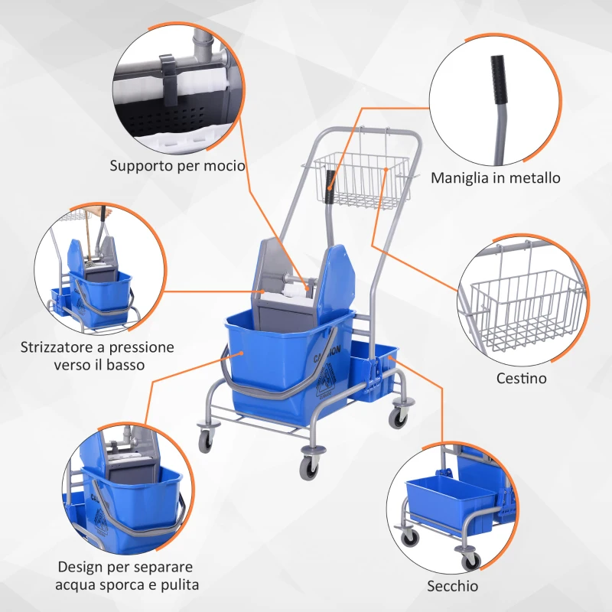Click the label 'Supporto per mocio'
[x=177, y=165]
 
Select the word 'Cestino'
[x=522, y=378]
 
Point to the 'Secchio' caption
[x=453, y=586]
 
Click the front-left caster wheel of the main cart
[x=206, y=441]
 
